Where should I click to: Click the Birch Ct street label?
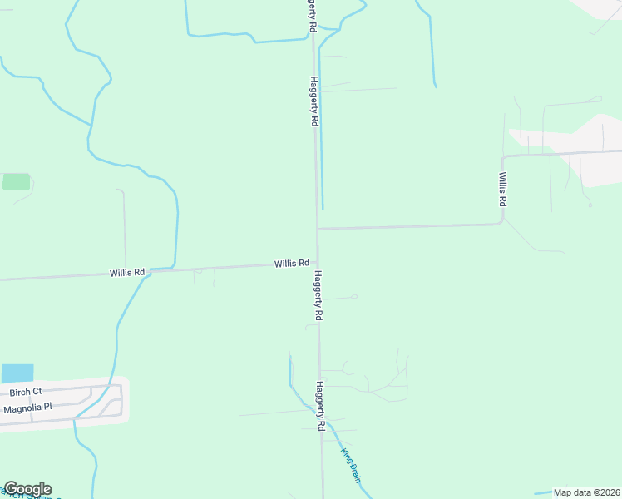coord(25,392)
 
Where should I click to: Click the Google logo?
coord(27,489)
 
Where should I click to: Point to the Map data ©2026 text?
coord(586,492)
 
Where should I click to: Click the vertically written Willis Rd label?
coord(503,190)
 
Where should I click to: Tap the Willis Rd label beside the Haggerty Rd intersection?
coord(292,263)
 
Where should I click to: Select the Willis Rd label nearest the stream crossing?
coord(127,272)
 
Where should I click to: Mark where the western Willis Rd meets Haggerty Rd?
coord(317,262)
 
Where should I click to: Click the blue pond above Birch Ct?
coord(17,373)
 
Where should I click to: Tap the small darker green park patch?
coord(16,181)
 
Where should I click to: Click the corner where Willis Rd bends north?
coord(502,222)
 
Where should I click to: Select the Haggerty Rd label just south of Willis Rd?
coord(318,295)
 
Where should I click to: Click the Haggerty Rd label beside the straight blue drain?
coord(313,101)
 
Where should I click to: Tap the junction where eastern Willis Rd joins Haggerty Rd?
coord(317,229)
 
